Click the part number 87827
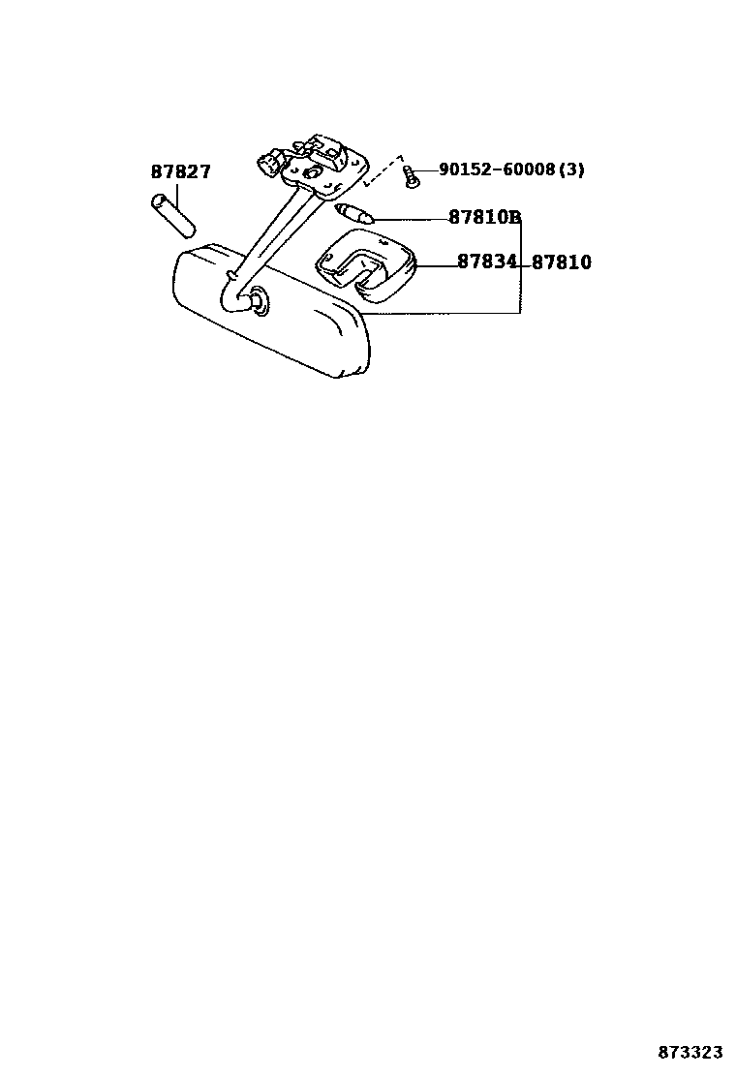180,172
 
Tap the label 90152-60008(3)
511,169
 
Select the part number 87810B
484,218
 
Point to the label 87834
487,262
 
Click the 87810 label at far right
562,262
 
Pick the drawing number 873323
691,1052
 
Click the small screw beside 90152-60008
413,177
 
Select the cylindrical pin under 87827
173,215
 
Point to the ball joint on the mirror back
259,301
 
